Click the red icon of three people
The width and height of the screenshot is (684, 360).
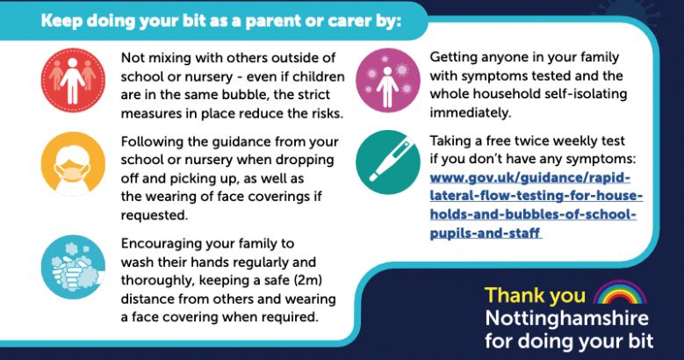(x=73, y=80)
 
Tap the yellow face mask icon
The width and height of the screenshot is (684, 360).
(x=73, y=164)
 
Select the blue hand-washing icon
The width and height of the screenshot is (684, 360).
(x=73, y=267)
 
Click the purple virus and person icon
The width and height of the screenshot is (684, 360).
(x=388, y=80)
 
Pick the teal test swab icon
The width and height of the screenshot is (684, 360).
(x=388, y=162)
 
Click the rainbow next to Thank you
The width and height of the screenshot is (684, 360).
(x=620, y=292)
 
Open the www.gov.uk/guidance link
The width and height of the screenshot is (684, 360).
(x=536, y=205)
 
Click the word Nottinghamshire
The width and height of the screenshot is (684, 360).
(x=566, y=318)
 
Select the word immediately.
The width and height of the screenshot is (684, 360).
(x=471, y=113)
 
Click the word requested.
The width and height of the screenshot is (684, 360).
(x=155, y=215)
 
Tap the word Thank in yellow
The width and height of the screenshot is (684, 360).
(x=513, y=295)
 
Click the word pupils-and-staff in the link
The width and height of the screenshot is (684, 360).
(x=485, y=233)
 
